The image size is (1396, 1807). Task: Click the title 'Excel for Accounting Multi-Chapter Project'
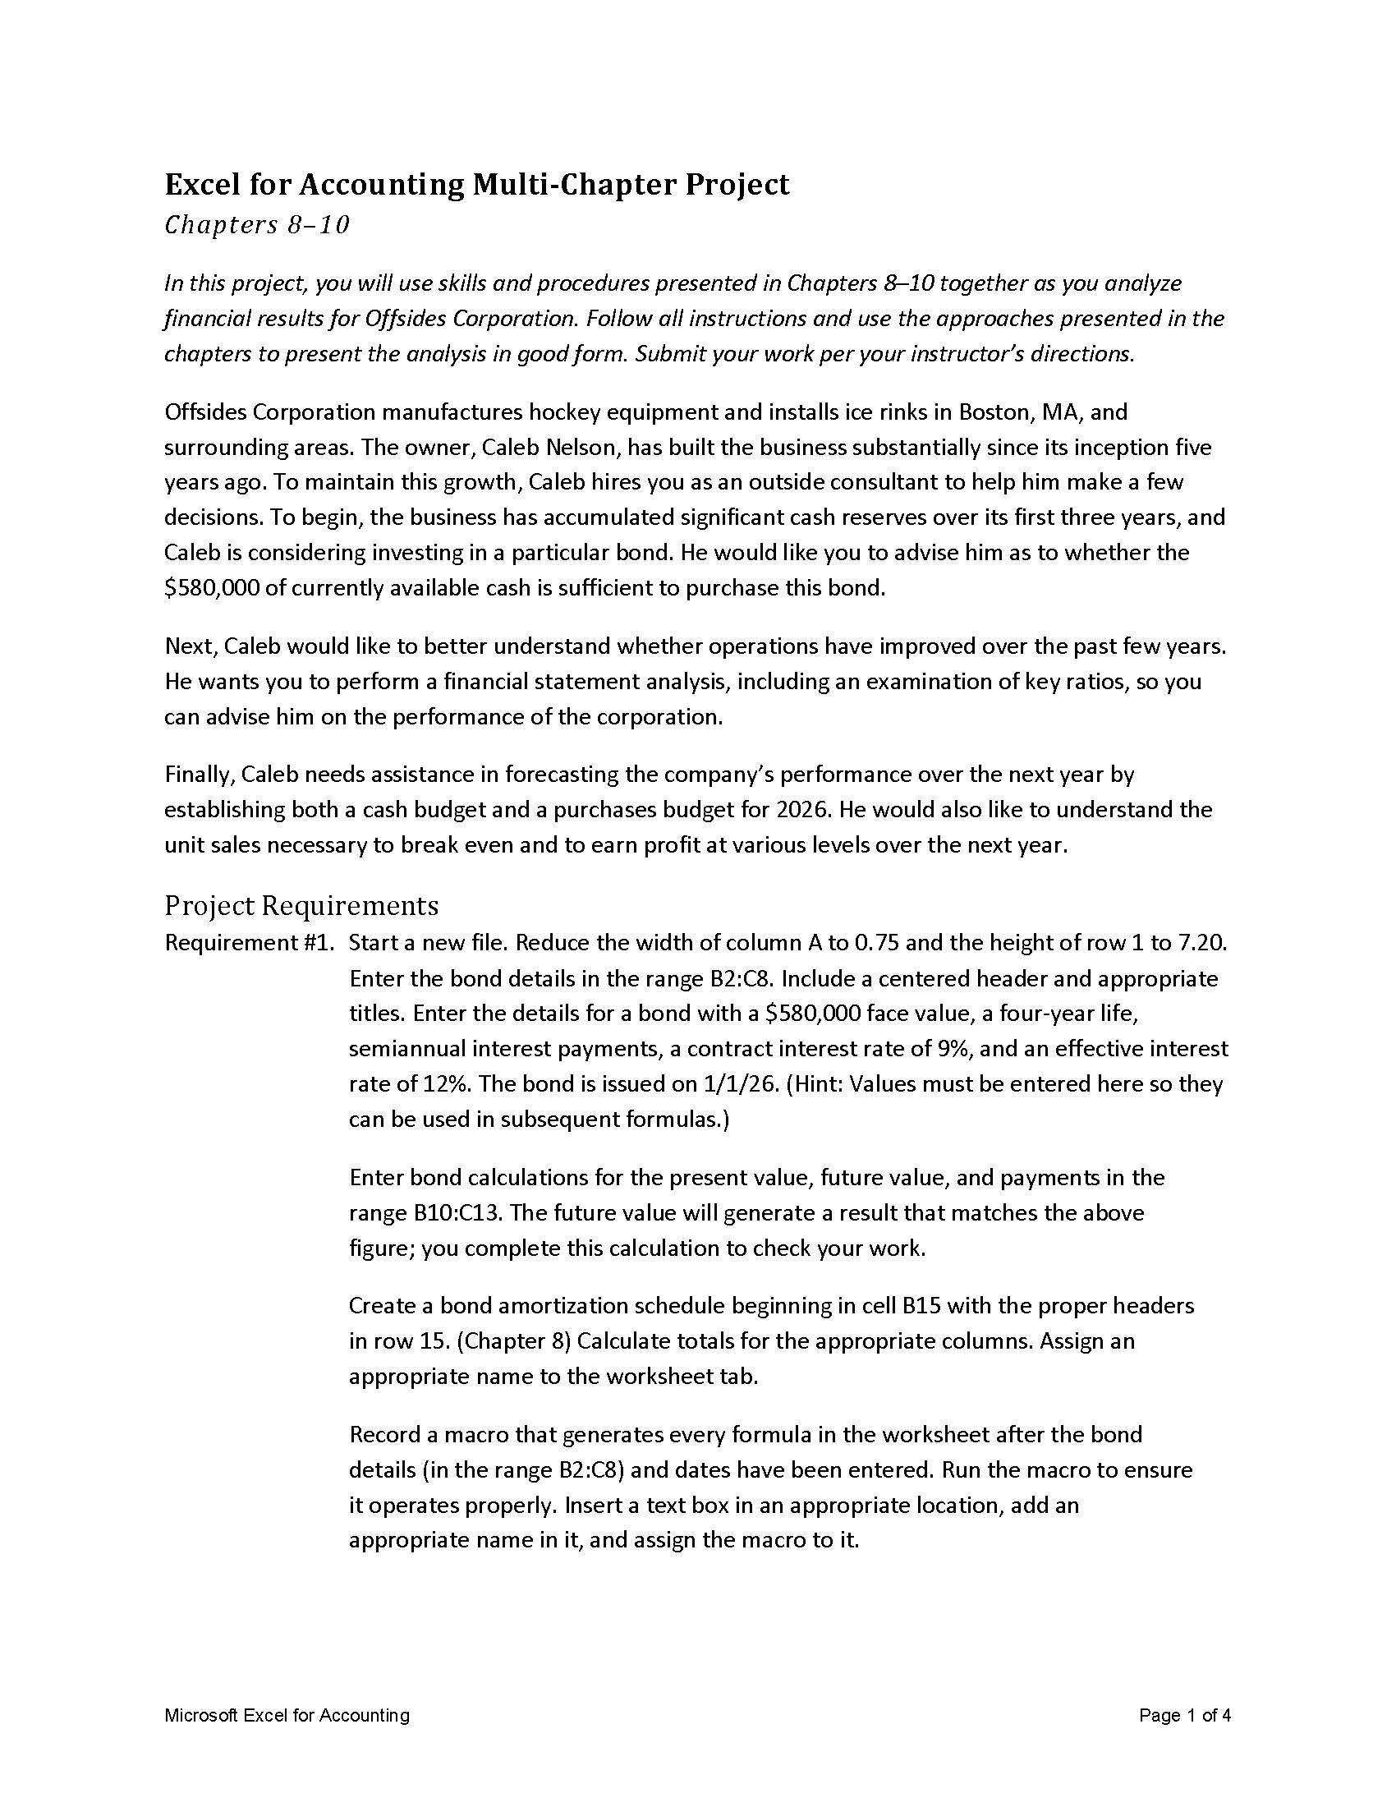pos(476,185)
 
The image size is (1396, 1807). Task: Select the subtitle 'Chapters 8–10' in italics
pos(256,225)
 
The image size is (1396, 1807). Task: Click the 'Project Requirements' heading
pos(301,906)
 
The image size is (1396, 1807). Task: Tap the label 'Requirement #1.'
pos(249,943)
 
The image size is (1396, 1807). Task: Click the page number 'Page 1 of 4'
pos(1184,1715)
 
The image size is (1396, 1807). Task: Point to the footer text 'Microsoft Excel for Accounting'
pos(287,1715)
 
